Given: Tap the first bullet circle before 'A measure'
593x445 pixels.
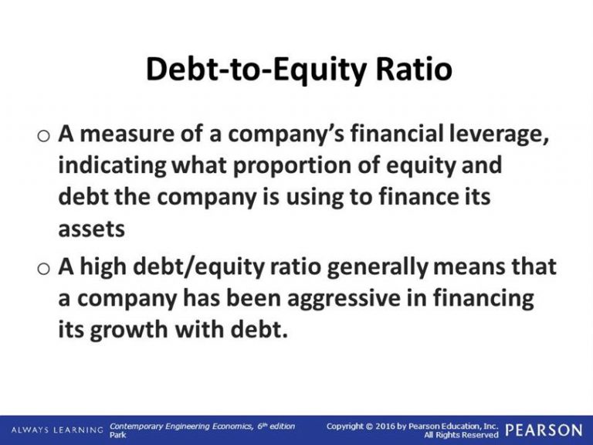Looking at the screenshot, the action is (44, 135).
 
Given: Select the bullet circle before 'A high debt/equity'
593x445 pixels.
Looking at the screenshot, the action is (44, 268).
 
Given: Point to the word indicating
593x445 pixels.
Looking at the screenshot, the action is (112, 167).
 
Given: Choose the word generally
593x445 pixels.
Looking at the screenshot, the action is (378, 267).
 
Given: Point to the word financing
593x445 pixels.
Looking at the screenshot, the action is (483, 299).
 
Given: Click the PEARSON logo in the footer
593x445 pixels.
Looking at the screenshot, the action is (544, 430).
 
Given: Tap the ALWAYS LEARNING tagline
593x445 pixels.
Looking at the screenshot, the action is (57, 430).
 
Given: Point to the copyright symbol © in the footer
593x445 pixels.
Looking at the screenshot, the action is (369, 426).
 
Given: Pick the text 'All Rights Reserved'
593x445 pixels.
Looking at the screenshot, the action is (461, 435).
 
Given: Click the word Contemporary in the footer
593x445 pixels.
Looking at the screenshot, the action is (136, 426).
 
